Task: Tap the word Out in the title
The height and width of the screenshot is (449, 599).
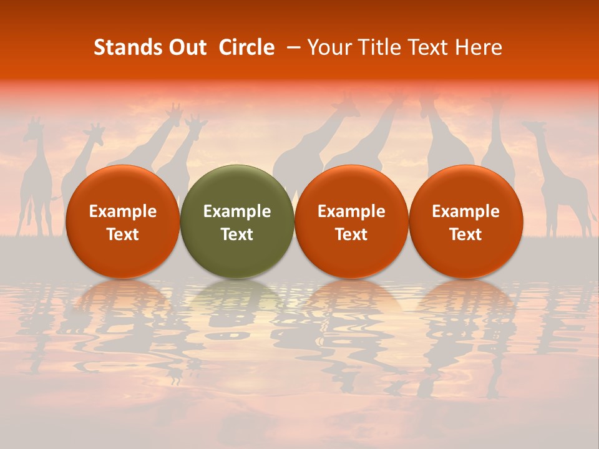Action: (186, 47)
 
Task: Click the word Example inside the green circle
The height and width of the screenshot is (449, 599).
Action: (237, 211)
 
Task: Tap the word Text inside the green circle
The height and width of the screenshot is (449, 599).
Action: (237, 234)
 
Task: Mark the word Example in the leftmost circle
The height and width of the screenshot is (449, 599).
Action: (122, 211)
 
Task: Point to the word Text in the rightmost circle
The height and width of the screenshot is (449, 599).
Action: (465, 234)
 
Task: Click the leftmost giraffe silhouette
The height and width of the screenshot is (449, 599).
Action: (36, 181)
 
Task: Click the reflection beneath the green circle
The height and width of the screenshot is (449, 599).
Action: (237, 312)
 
